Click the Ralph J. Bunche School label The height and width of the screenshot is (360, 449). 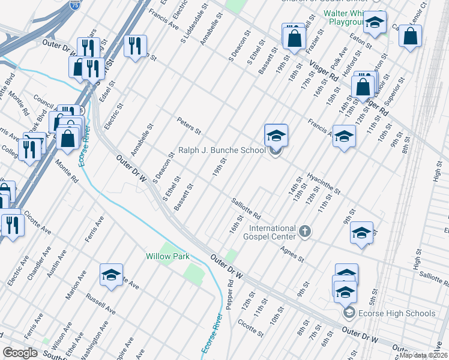221,150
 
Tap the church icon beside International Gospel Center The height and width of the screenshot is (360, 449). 305,231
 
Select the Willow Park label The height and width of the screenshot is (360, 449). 167,256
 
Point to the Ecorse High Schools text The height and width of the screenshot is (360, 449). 397,313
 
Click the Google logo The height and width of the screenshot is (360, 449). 20,352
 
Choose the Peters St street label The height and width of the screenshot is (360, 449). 188,126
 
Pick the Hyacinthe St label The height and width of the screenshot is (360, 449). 324,184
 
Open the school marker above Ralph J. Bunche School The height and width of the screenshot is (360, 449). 276,135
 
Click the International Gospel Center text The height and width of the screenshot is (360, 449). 273,229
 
